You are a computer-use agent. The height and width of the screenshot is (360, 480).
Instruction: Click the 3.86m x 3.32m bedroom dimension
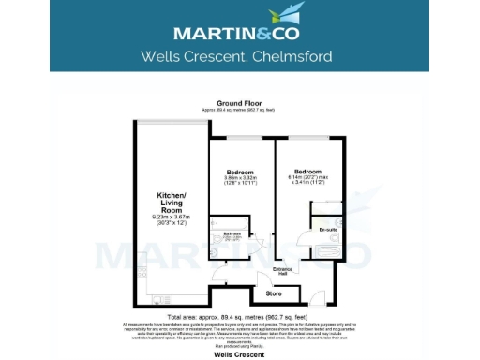click(240, 180)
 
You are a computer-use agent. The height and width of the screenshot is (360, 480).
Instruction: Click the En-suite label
click(327, 229)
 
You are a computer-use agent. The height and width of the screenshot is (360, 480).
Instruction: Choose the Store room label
click(274, 293)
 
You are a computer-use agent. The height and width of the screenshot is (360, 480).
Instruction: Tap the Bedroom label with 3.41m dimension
click(307, 172)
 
